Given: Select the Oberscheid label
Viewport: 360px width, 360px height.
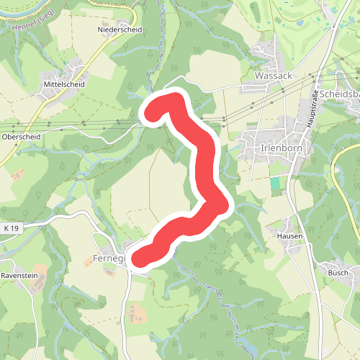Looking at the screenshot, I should point(21,136).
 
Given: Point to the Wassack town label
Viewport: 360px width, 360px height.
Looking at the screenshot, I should point(272,75).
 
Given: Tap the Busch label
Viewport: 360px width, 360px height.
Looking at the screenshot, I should point(338,273).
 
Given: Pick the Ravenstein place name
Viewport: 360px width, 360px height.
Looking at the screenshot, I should point(19,276).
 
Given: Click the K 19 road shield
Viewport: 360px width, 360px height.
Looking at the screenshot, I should point(11,228).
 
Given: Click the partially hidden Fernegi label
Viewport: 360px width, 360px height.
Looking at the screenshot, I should point(109,258).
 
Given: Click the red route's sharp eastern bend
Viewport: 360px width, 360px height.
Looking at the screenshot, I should point(221,207).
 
